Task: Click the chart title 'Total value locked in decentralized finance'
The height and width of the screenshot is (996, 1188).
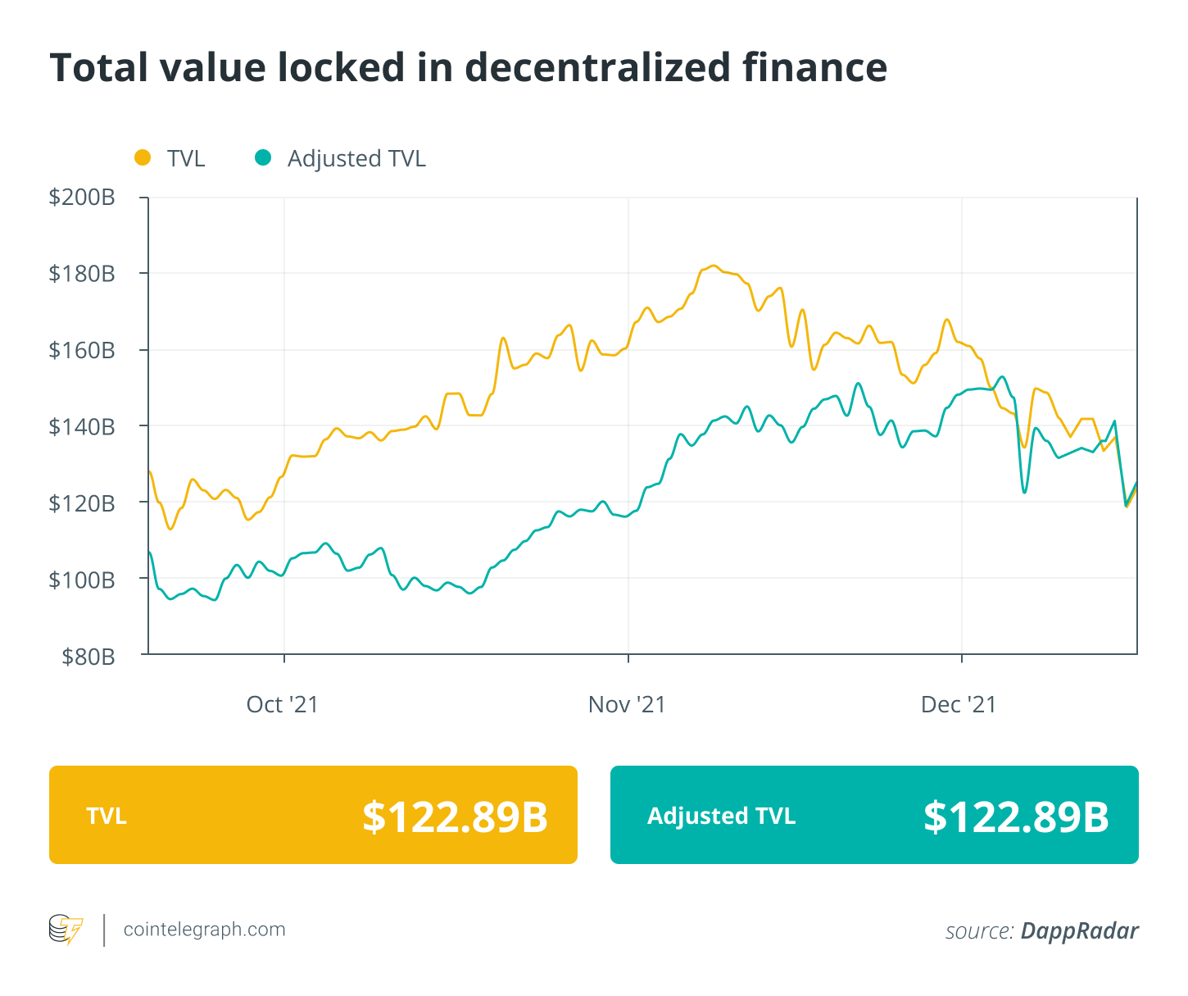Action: click(x=468, y=67)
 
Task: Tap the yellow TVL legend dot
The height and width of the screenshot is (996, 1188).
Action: click(x=143, y=157)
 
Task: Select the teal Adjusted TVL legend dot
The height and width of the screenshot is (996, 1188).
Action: click(x=262, y=157)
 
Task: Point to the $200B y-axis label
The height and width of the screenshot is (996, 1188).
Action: click(x=82, y=198)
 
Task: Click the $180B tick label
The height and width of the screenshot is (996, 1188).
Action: click(x=82, y=274)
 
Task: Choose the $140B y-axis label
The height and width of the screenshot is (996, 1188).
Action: click(x=82, y=426)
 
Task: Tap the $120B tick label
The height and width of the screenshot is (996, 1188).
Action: click(x=82, y=503)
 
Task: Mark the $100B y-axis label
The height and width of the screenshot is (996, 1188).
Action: click(x=82, y=580)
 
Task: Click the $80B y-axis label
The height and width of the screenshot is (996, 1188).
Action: click(x=88, y=656)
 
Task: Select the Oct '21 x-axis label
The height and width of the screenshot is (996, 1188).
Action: click(x=283, y=705)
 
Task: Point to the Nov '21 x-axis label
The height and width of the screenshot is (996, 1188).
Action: click(x=627, y=705)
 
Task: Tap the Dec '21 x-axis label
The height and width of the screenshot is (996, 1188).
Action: click(x=959, y=705)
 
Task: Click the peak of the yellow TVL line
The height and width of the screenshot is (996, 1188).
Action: click(x=714, y=266)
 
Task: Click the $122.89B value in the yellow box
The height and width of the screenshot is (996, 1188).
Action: click(x=455, y=816)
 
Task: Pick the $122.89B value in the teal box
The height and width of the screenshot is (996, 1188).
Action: click(x=1016, y=816)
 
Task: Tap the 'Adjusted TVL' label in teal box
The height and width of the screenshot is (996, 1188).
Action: click(x=721, y=816)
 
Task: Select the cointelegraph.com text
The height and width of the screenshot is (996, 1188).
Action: click(x=204, y=930)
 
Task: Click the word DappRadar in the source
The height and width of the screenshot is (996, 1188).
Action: click(x=1079, y=931)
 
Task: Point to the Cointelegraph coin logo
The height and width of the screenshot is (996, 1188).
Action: click(x=66, y=930)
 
